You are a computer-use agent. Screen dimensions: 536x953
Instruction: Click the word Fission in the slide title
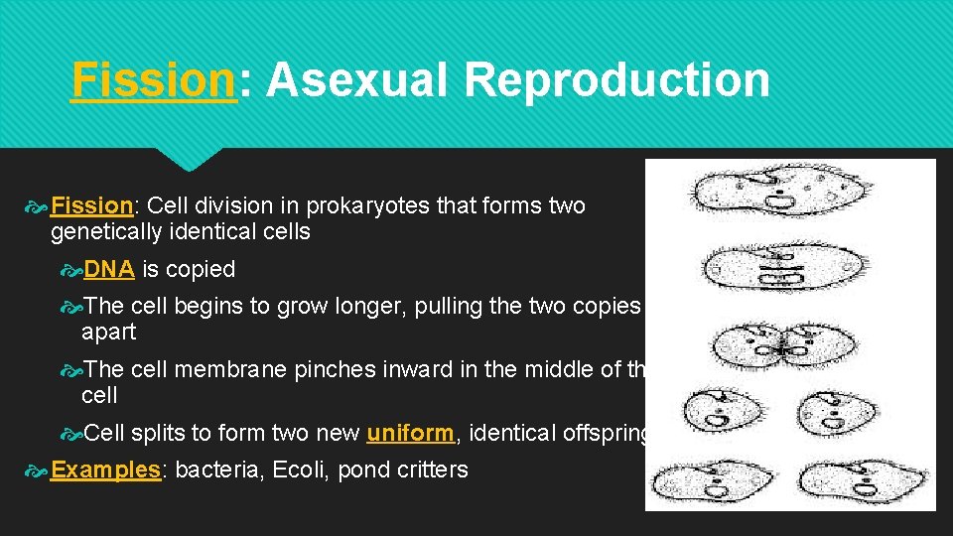coord(154,80)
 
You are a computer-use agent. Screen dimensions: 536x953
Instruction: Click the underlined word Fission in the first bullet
coord(91,206)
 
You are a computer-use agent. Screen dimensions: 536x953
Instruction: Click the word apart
coord(108,332)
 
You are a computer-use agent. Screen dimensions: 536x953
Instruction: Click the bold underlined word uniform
coord(410,433)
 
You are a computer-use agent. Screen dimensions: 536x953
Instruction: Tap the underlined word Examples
coord(105,469)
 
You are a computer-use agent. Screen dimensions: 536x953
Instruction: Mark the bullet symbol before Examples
coord(37,470)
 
